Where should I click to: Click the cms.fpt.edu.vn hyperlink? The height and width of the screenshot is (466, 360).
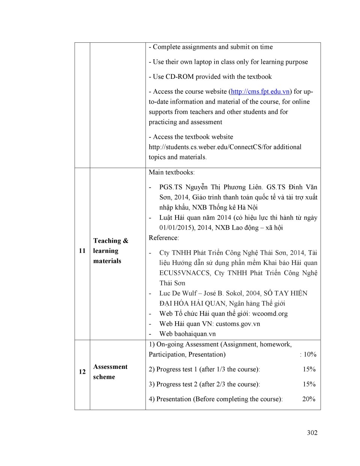click(x=260, y=92)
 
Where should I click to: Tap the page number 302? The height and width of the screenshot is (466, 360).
click(x=312, y=433)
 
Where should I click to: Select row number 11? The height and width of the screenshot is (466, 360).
click(x=82, y=251)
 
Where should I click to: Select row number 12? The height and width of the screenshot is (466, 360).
click(x=82, y=372)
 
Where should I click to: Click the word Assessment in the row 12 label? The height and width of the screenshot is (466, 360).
click(x=110, y=367)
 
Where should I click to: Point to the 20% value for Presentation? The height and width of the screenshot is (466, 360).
click(x=309, y=399)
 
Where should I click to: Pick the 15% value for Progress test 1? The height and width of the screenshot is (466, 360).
click(x=309, y=369)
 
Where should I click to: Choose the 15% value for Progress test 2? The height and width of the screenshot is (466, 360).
click(x=309, y=384)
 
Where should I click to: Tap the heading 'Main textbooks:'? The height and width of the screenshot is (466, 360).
click(x=171, y=172)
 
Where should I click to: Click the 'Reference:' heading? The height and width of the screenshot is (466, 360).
click(x=163, y=238)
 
